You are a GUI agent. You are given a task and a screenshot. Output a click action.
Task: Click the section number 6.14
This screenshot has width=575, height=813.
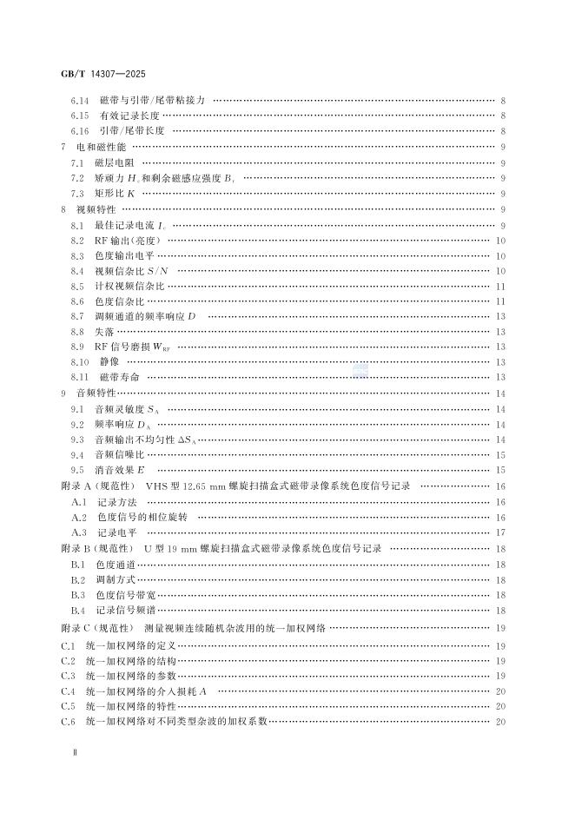tap(80, 102)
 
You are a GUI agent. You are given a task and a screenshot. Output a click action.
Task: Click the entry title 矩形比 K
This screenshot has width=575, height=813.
tap(116, 193)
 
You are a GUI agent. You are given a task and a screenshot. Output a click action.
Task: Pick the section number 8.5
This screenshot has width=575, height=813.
tap(77, 286)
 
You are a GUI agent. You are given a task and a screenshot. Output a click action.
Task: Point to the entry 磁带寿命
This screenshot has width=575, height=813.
tap(119, 376)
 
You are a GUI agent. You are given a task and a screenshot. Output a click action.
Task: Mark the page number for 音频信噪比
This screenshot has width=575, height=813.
tap(501, 454)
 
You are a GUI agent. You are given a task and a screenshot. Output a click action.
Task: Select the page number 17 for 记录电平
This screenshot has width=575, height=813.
tap(501, 532)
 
